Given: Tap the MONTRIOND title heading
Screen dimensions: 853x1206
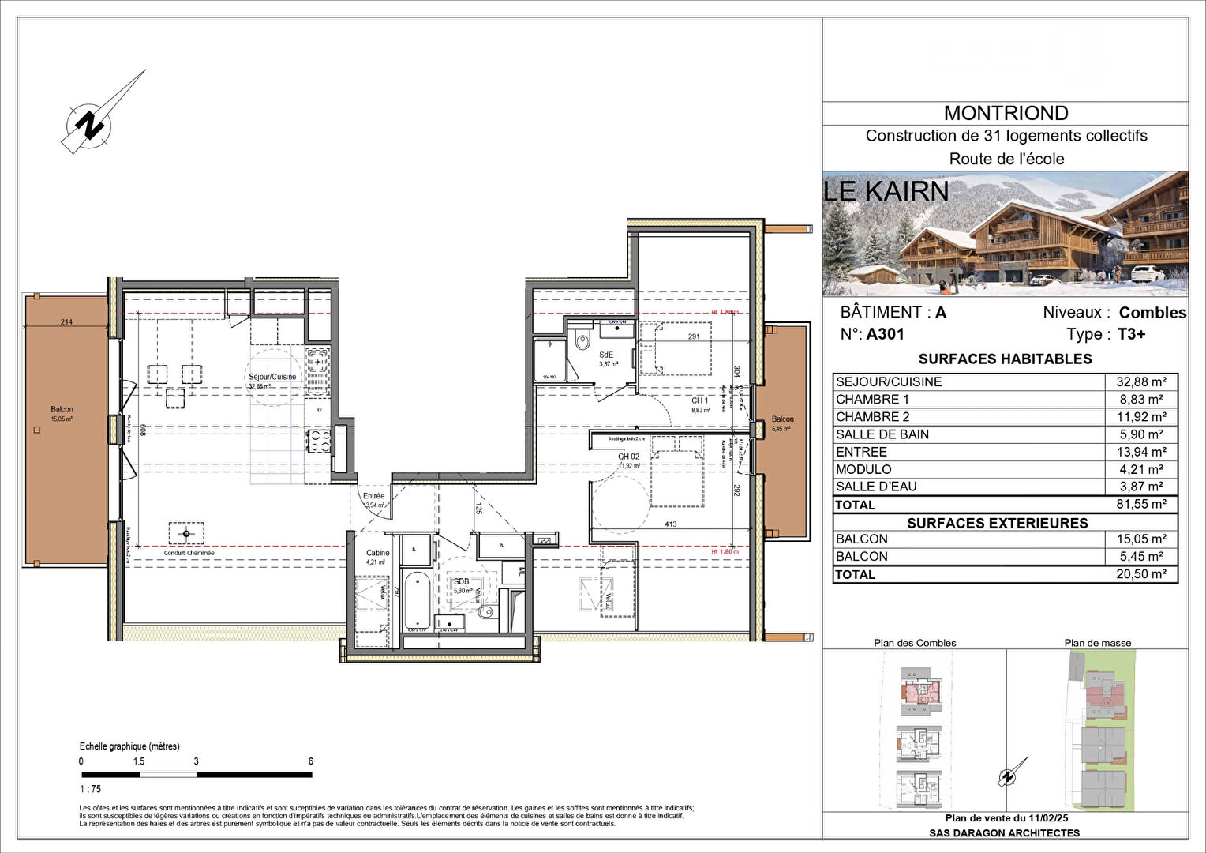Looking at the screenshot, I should coord(1006,114).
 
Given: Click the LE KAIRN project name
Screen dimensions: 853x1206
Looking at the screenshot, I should coord(886,191).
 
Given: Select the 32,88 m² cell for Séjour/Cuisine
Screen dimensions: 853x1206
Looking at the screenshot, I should coord(1140,382).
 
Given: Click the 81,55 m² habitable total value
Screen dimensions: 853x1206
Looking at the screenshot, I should coord(1140,505).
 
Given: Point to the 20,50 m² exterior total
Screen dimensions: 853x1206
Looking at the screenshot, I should coord(1140,575).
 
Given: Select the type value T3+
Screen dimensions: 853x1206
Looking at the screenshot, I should coord(1131,334).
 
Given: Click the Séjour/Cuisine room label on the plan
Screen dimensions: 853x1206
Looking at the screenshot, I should coord(272,377).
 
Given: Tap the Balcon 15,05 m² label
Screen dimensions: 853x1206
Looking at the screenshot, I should coord(62,413).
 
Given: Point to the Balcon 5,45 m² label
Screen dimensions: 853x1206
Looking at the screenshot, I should coord(782,423).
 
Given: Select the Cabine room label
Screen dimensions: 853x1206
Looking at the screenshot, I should coord(377,553).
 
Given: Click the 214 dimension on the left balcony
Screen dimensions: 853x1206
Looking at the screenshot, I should coord(66,321).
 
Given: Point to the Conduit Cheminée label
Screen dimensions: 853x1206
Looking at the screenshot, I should coord(189,553).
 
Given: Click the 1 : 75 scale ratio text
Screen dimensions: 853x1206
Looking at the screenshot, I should coord(90,789).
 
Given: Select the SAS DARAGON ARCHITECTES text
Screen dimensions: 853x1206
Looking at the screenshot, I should coord(1004,832).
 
